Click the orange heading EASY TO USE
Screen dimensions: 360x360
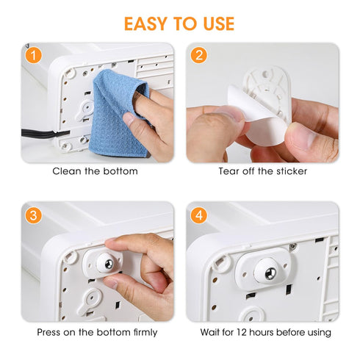179,24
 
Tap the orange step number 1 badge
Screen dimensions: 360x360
32,54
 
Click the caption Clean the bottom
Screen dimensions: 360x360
95,171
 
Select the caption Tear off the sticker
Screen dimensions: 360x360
262,171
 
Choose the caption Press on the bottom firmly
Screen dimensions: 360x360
97,332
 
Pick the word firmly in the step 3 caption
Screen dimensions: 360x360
143,332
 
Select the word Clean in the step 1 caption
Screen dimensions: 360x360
66,171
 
